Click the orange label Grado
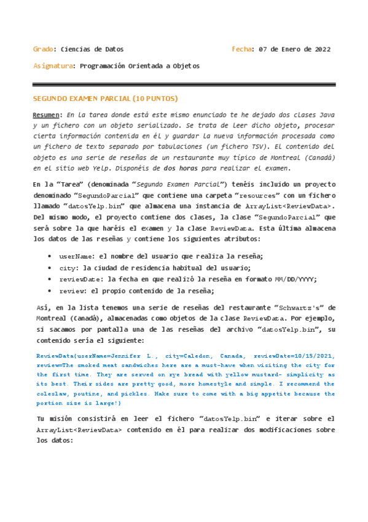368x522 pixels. tap(42, 49)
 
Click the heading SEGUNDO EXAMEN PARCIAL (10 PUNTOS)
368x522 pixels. tap(105, 98)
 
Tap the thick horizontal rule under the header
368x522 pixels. tap(184, 84)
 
